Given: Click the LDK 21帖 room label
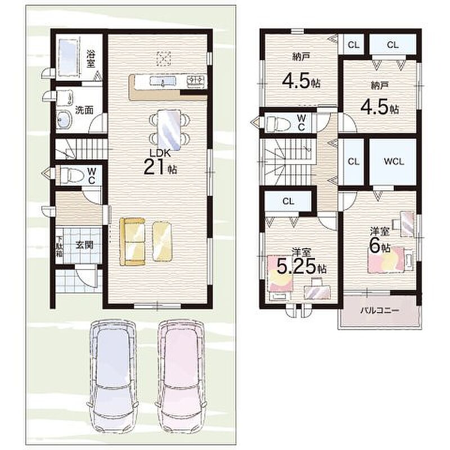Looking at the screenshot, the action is click(x=160, y=163).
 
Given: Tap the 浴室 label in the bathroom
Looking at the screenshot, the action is click(x=91, y=59).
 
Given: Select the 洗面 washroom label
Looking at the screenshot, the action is click(x=84, y=110).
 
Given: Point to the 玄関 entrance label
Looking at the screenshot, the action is click(x=84, y=245).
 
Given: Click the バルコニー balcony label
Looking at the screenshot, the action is click(x=379, y=310).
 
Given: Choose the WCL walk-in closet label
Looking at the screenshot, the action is click(x=394, y=161).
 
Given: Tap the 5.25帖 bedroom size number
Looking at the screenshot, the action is click(x=301, y=267).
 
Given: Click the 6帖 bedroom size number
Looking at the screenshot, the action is click(x=379, y=246).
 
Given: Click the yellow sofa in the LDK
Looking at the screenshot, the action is click(x=132, y=242).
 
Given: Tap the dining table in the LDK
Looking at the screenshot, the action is click(x=169, y=130).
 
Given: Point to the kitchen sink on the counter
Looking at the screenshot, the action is click(x=163, y=81).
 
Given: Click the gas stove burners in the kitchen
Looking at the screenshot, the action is click(x=196, y=80).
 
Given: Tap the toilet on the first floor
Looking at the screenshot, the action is click(x=68, y=175).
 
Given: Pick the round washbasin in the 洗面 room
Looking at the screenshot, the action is click(x=65, y=120).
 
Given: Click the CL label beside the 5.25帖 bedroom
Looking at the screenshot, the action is click(x=288, y=201).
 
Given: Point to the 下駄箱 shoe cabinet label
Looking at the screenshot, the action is click(x=60, y=246).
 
